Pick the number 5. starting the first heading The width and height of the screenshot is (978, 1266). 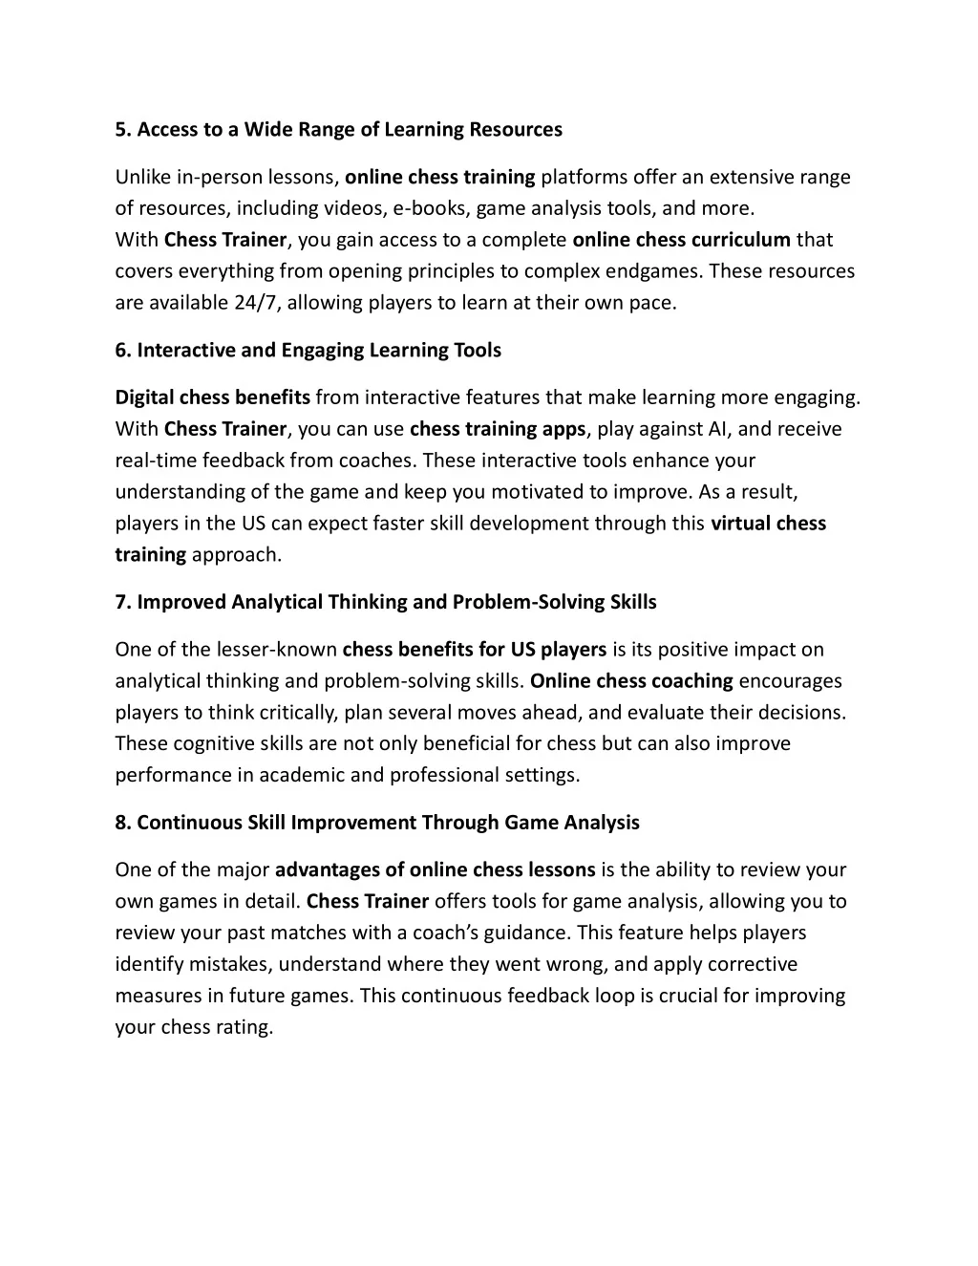pyautogui.click(x=123, y=129)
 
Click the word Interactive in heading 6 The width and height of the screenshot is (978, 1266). pyautogui.click(x=185, y=350)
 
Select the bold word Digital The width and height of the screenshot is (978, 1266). pyautogui.click(x=144, y=397)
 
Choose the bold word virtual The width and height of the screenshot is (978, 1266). pyautogui.click(x=740, y=524)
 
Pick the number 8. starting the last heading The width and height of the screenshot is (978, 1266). pyautogui.click(x=123, y=823)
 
